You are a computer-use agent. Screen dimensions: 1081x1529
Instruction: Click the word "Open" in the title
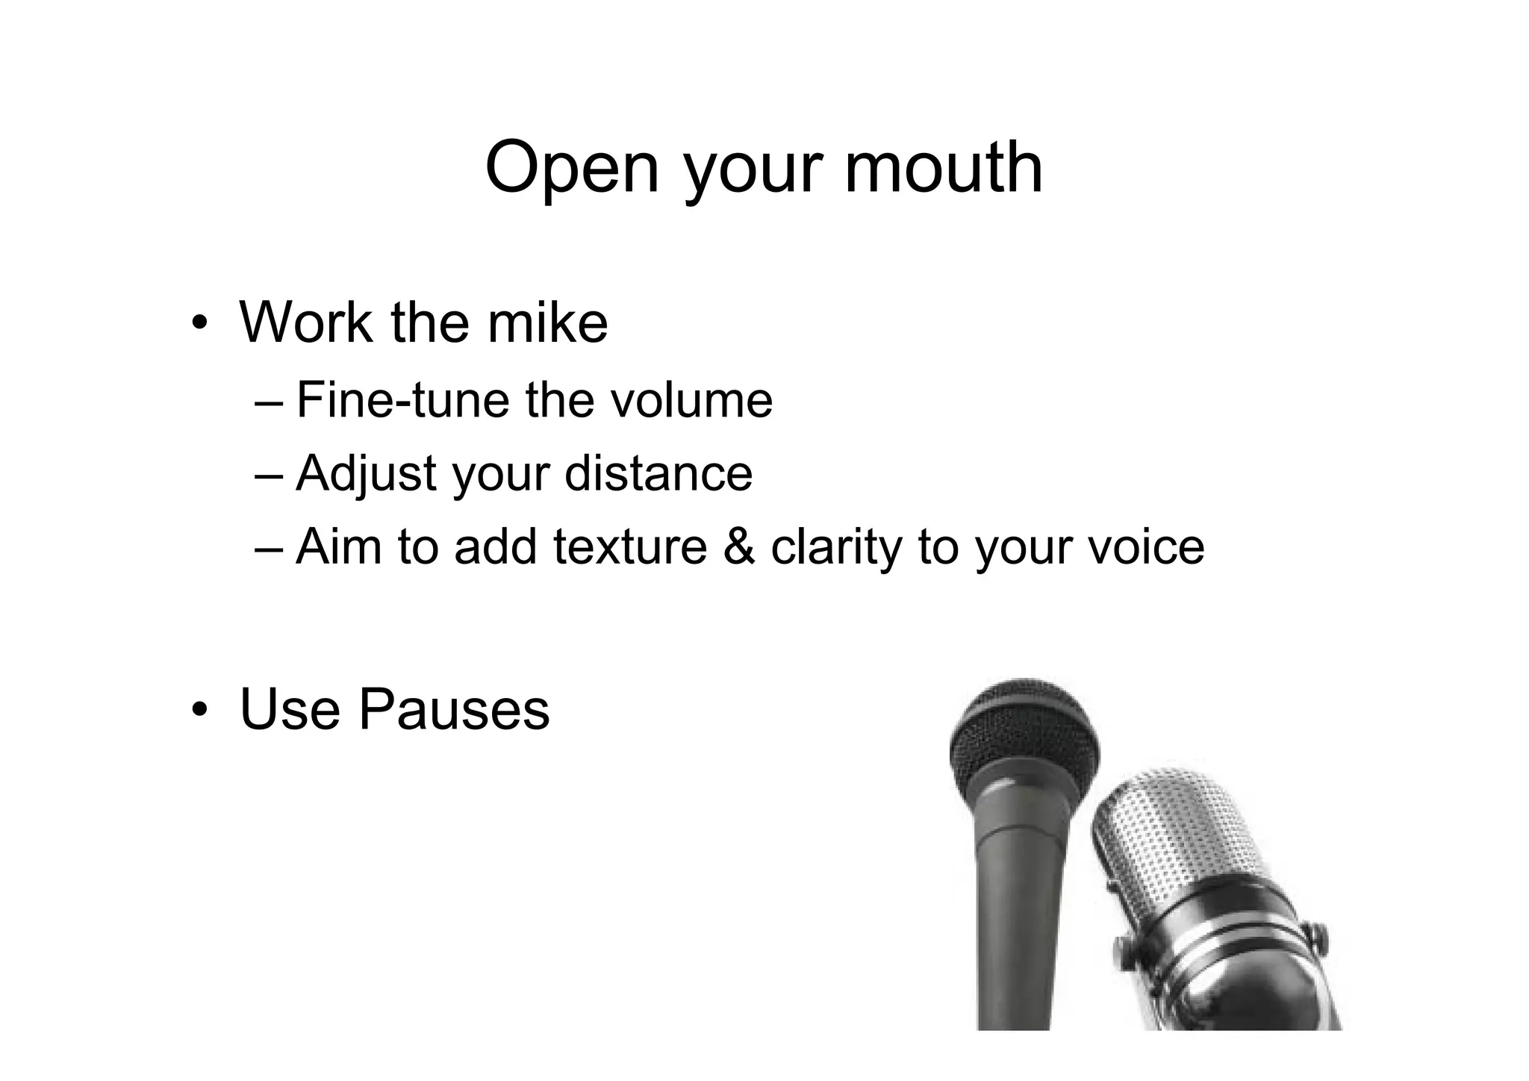click(x=572, y=169)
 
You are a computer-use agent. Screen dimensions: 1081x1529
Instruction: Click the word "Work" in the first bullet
click(x=305, y=323)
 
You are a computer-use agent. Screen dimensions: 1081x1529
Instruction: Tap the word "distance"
click(x=658, y=473)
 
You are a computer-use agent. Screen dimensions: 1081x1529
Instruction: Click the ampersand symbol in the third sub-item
click(x=738, y=546)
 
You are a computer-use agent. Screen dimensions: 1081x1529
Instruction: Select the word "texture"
click(x=629, y=546)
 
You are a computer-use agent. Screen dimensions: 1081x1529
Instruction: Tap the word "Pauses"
click(x=454, y=708)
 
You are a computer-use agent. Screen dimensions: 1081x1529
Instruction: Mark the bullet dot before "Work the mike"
click(x=198, y=324)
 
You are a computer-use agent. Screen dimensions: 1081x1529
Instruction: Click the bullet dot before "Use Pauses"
click(x=198, y=710)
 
